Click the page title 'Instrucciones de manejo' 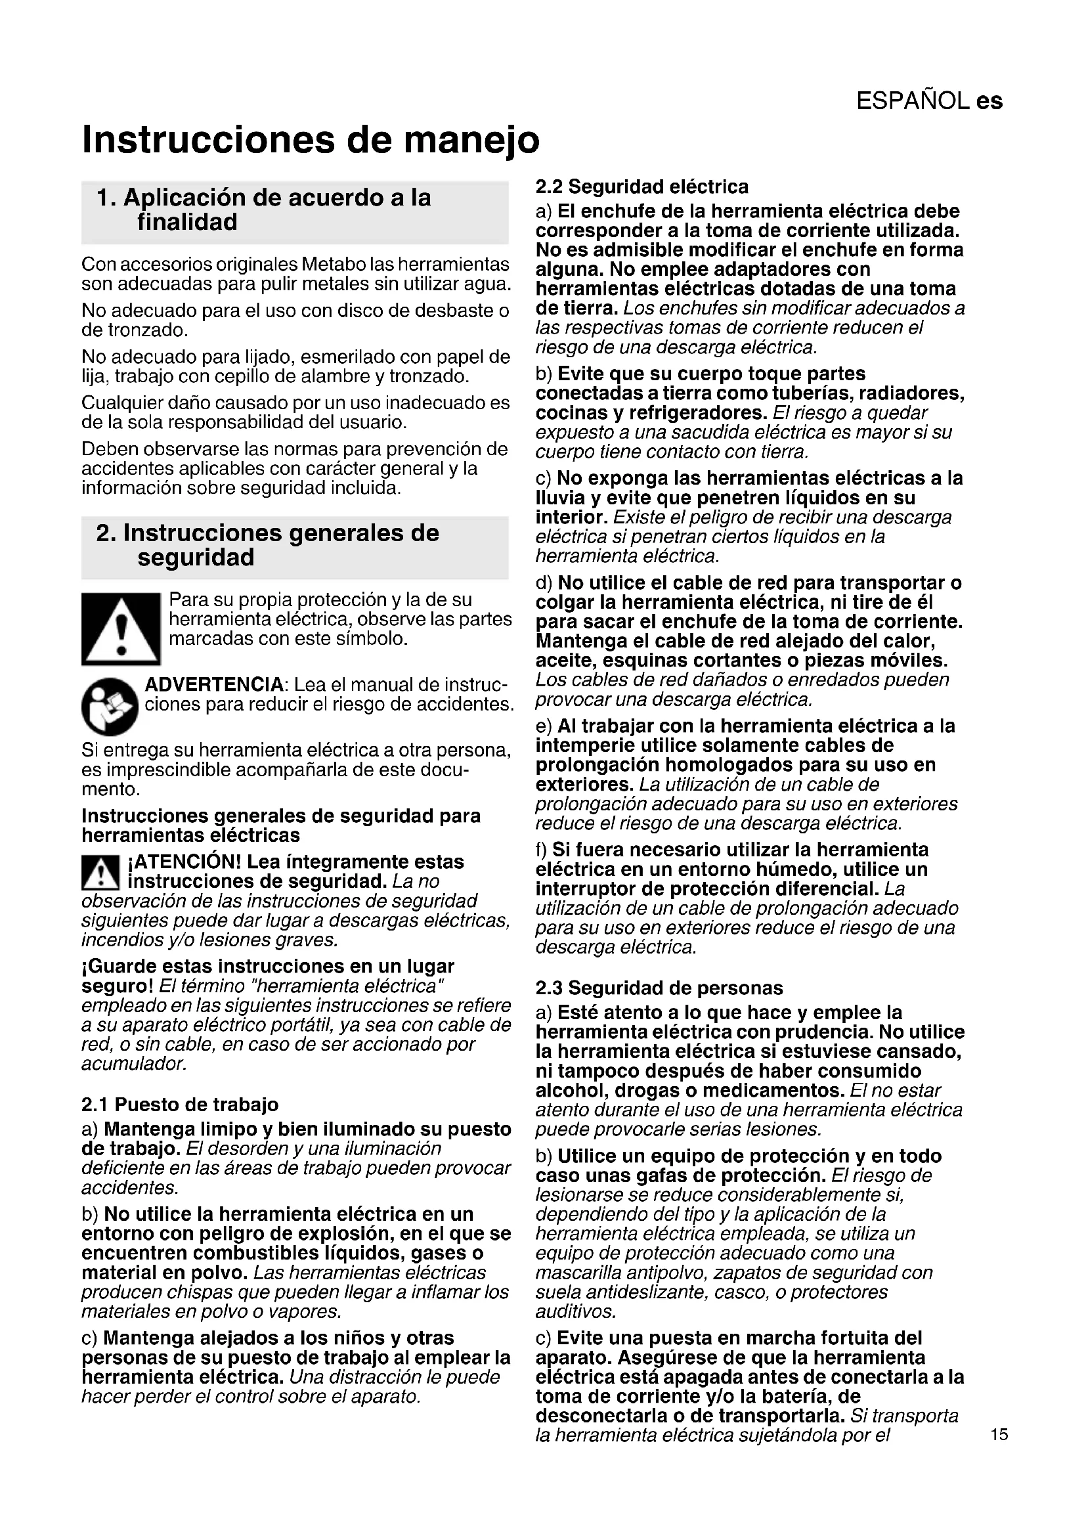pyautogui.click(x=311, y=140)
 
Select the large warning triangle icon pyautogui.click(x=121, y=629)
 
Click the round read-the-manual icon pyautogui.click(x=110, y=707)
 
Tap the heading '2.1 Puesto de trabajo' pyautogui.click(x=180, y=1105)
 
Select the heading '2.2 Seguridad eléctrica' pyautogui.click(x=642, y=187)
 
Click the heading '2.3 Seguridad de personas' pyautogui.click(x=659, y=988)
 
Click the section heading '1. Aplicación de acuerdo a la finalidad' pyautogui.click(x=264, y=210)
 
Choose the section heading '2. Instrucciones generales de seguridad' pyautogui.click(x=267, y=545)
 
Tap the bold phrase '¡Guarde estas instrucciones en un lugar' pyautogui.click(x=268, y=967)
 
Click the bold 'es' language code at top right pyautogui.click(x=989, y=101)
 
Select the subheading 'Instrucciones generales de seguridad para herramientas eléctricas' pyautogui.click(x=281, y=825)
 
